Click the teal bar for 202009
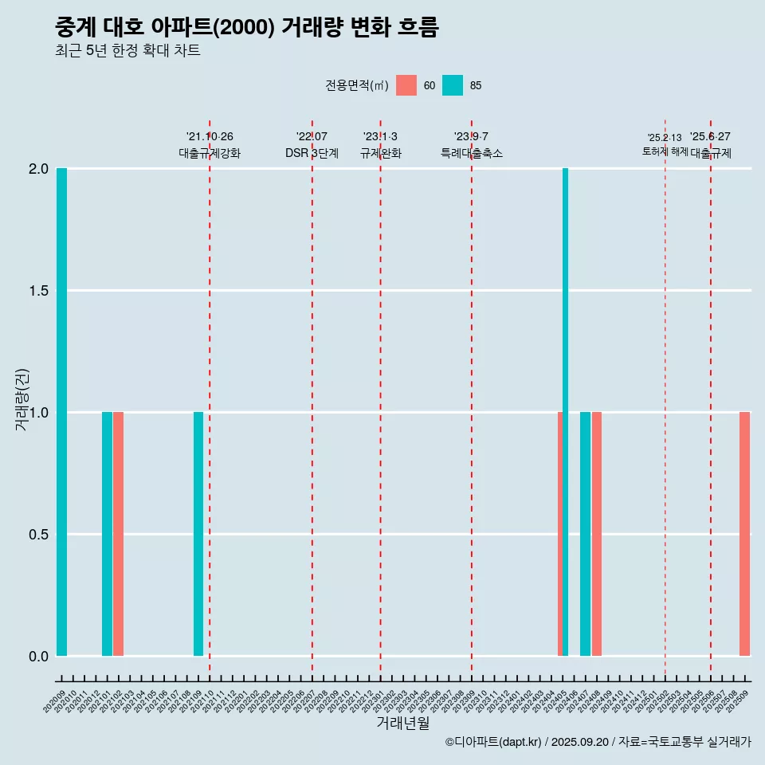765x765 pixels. (61, 412)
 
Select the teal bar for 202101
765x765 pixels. (107, 534)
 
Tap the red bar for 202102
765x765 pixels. (118, 534)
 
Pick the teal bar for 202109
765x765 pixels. (198, 534)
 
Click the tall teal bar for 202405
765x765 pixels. (565, 412)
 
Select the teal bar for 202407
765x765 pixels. (585, 534)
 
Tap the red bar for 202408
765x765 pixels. (597, 534)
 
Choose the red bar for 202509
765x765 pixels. (744, 534)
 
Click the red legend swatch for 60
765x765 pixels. (406, 85)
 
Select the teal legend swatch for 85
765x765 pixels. (453, 85)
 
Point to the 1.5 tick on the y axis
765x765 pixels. (37, 291)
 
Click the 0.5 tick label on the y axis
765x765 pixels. (37, 535)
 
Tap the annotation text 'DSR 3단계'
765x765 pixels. (312, 153)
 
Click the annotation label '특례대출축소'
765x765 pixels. (472, 153)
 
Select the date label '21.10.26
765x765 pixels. (210, 136)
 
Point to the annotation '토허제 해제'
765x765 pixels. (665, 151)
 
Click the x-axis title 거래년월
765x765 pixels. (403, 723)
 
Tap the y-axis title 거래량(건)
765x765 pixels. (22, 400)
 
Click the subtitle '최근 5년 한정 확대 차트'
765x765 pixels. (127, 51)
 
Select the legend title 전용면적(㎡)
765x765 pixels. (356, 85)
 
